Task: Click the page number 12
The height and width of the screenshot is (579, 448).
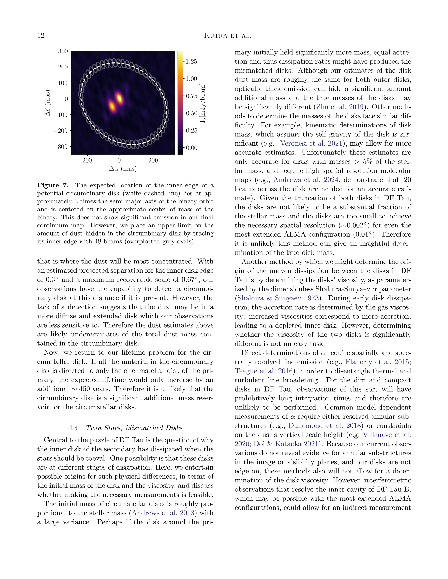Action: [x=41, y=36]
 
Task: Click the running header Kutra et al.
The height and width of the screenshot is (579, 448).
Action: [x=227, y=36]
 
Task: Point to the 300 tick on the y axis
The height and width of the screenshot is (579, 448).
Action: [x=63, y=51]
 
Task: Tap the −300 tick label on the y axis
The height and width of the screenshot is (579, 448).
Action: [x=61, y=147]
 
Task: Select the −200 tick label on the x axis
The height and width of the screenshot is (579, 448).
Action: [x=151, y=160]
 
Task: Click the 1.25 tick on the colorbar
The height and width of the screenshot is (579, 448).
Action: [x=191, y=62]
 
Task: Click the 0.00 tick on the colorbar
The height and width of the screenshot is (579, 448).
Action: [x=191, y=148]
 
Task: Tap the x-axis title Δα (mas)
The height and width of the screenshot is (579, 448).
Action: [x=123, y=169]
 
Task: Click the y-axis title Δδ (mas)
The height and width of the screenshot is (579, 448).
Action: [x=48, y=103]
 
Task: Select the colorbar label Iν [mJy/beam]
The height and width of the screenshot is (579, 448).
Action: [x=203, y=103]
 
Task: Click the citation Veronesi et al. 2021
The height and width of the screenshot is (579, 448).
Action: [x=311, y=143]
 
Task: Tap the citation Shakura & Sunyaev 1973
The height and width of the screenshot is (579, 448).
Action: [x=278, y=298]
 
